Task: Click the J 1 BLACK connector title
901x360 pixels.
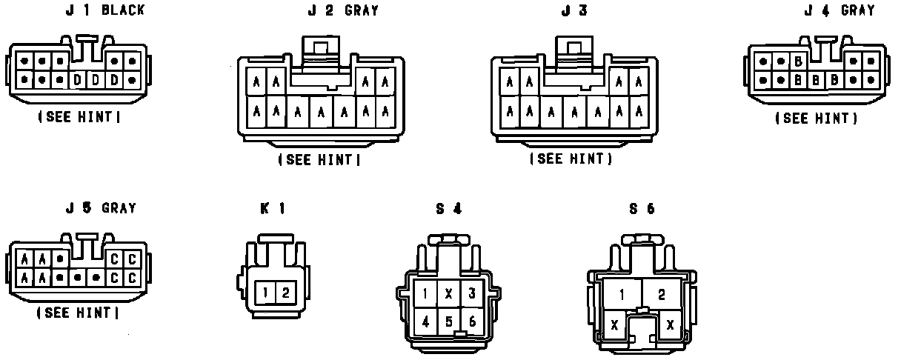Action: (x=106, y=10)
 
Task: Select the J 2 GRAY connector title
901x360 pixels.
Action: (x=343, y=10)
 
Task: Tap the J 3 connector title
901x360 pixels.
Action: (x=574, y=10)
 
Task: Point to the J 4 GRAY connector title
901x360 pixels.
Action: (x=839, y=10)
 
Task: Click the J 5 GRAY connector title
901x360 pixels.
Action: (x=101, y=208)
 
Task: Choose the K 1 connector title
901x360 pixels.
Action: (x=273, y=209)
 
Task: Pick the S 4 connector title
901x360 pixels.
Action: (x=448, y=209)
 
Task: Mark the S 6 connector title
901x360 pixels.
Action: (x=642, y=209)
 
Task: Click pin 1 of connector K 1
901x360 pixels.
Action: (x=266, y=292)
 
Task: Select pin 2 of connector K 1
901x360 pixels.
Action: (x=285, y=292)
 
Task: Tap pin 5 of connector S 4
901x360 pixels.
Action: (x=448, y=321)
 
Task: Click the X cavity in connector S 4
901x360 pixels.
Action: (x=448, y=294)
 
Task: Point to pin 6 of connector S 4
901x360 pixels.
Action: (x=472, y=321)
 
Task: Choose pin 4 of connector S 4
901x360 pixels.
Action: (x=425, y=321)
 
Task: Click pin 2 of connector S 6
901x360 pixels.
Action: (x=661, y=295)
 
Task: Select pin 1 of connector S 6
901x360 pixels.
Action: (x=622, y=295)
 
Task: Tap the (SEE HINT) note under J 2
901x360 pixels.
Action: (x=319, y=159)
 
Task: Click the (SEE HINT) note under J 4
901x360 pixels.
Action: (x=817, y=118)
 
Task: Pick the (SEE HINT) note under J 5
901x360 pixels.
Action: (x=78, y=313)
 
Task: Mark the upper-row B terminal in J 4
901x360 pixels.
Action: (x=798, y=61)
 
